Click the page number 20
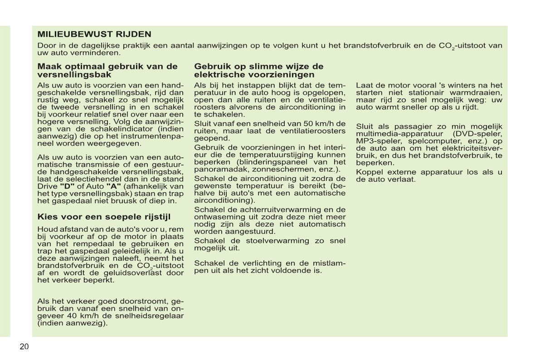[x=24, y=347]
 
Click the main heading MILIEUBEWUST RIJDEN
[x=94, y=34]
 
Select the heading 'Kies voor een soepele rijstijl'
[x=104, y=217]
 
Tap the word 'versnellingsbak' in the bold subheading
[x=74, y=74]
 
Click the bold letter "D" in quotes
[x=67, y=186]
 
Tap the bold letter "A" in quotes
[x=113, y=186]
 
